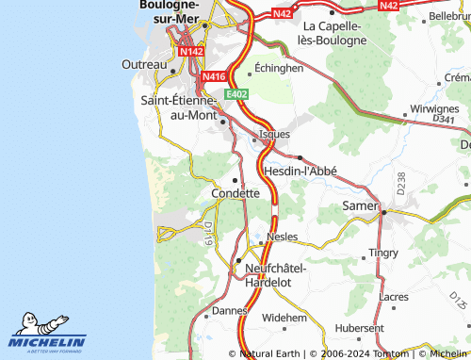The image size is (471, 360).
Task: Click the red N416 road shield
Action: (214, 75)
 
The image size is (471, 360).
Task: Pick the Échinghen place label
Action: (279, 69)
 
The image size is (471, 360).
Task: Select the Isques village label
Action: (274, 134)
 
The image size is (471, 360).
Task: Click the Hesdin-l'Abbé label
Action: (300, 172)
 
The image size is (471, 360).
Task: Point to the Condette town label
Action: (235, 192)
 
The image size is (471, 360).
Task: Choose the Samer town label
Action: (360, 205)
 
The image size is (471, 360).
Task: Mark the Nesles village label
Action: (283, 237)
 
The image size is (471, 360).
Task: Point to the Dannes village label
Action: (229, 309)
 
